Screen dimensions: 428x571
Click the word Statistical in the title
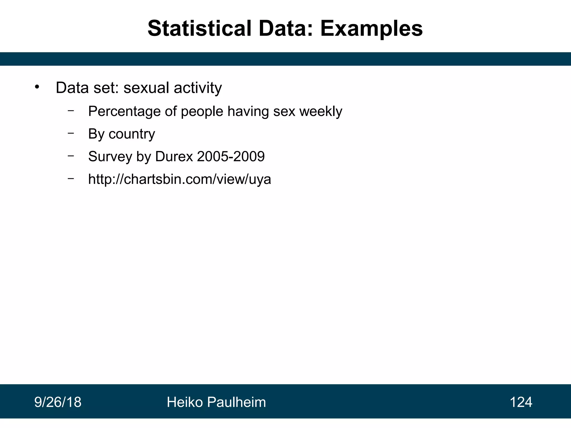[199, 28]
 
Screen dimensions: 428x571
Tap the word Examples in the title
[371, 28]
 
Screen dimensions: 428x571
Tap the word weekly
[321, 111]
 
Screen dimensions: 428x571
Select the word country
[132, 134]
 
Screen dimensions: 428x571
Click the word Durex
[174, 156]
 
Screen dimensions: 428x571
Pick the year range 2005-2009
[231, 156]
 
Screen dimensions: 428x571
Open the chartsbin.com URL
[180, 179]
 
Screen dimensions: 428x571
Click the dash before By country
[71, 133]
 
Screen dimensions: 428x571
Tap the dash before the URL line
[71, 178]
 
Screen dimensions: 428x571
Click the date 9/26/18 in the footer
[58, 402]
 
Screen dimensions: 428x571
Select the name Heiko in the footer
[185, 402]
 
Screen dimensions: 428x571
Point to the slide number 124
[521, 402]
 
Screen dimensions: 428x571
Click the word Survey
[110, 156]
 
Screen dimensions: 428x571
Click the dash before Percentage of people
[71, 110]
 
